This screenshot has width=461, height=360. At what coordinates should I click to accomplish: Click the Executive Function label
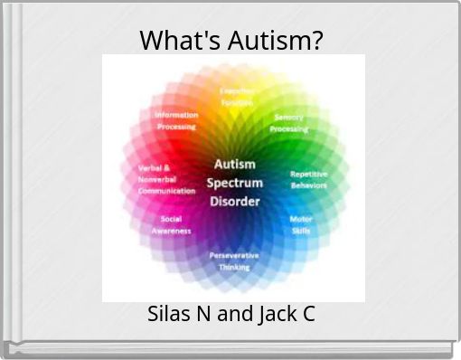[x=237, y=97]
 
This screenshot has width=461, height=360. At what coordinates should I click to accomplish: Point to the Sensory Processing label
[x=289, y=124]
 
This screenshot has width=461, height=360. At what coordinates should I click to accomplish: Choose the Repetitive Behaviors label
[x=308, y=179]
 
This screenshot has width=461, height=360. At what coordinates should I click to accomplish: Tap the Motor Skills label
[x=301, y=224]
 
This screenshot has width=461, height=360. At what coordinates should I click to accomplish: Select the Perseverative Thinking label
[x=234, y=261]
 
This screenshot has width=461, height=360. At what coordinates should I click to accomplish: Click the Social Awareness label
[x=171, y=224]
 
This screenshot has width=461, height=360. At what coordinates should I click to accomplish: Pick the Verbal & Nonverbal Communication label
[x=165, y=179]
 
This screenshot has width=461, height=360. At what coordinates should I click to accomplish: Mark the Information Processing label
[x=175, y=120]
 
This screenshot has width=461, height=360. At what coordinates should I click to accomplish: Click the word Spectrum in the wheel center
[x=234, y=183]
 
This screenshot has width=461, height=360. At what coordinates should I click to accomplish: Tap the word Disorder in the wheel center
[x=235, y=201]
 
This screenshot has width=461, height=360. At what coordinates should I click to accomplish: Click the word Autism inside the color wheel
[x=234, y=165]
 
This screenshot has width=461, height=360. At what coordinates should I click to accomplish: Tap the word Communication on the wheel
[x=166, y=191]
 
